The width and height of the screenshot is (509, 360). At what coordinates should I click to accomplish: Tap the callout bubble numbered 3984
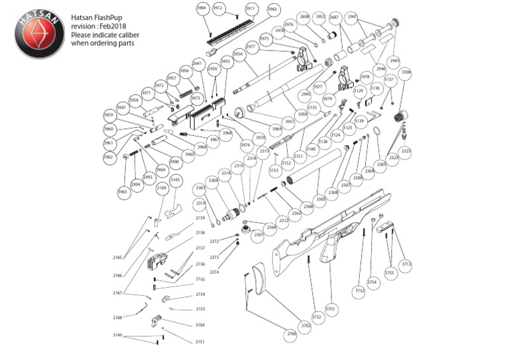tap(201, 8)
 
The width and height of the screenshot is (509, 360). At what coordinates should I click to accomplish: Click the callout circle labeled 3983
tap(272, 9)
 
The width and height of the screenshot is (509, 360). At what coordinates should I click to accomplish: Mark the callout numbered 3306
tap(406, 72)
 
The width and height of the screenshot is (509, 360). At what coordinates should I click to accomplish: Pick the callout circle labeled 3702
tap(306, 326)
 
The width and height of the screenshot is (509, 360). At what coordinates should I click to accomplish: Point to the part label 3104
tap(199, 325)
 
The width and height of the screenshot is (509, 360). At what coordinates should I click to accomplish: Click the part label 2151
tap(199, 341)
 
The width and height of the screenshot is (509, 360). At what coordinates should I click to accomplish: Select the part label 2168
tap(117, 318)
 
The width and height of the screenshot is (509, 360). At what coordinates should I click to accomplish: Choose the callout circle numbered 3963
tap(123, 192)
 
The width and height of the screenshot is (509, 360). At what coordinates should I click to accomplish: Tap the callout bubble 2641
tap(197, 64)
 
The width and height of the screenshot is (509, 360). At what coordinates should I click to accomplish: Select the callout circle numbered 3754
tap(372, 282)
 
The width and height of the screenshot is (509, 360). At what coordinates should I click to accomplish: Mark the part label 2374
tap(214, 272)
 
